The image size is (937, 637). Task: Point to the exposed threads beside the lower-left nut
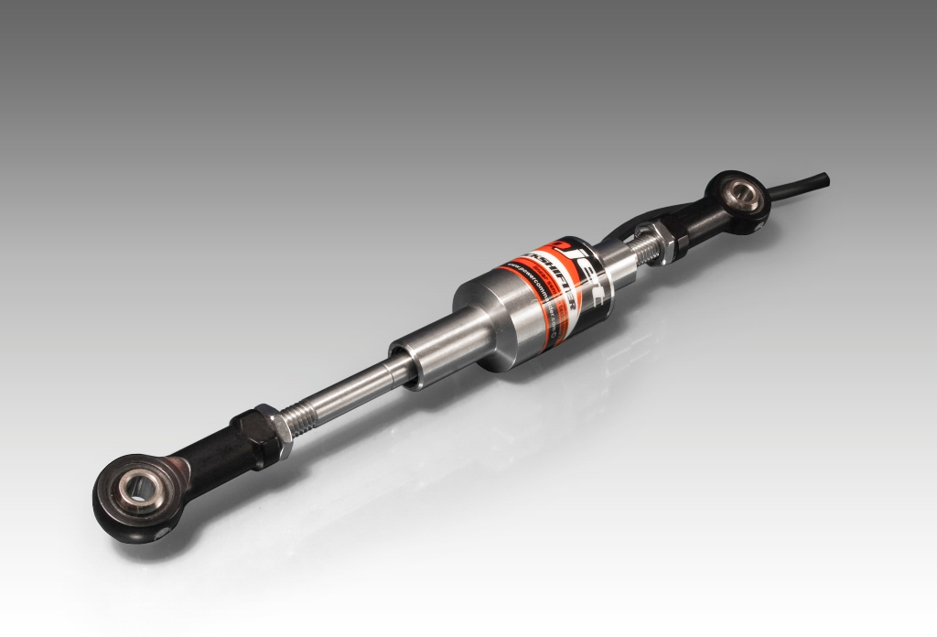(x=307, y=416)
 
